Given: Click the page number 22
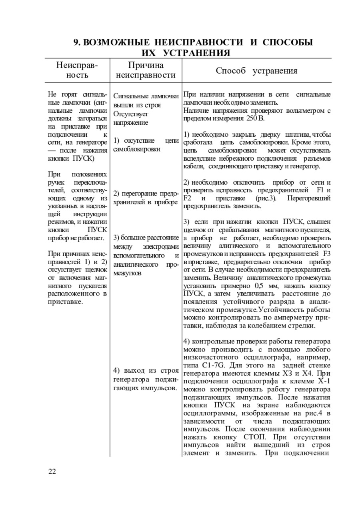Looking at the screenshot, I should [x=52, y=471].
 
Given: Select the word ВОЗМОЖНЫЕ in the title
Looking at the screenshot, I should [x=118, y=42].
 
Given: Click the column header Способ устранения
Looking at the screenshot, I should [x=256, y=71].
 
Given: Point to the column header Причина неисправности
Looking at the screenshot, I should [x=146, y=70].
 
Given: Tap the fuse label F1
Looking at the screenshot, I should [x=320, y=190].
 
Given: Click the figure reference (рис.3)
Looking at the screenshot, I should [x=264, y=198].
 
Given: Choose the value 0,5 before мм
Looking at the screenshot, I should [x=260, y=285].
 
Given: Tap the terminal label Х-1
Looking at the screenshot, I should [x=323, y=381].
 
